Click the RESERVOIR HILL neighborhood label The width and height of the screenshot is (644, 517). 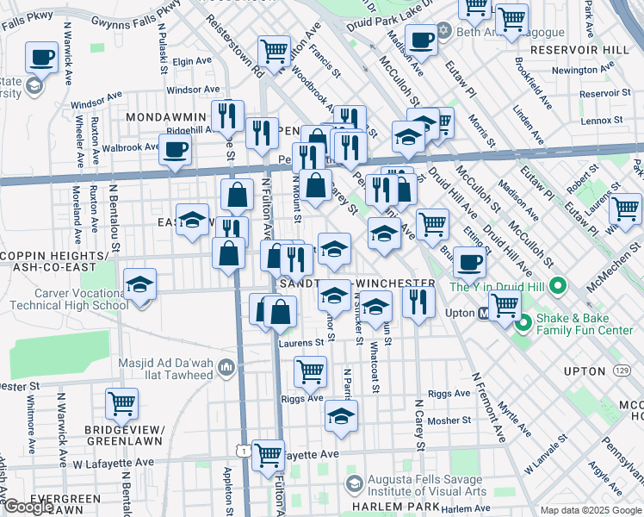click(x=580, y=50)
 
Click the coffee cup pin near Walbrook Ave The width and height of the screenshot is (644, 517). click(x=175, y=150)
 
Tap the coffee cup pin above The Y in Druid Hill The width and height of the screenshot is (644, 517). click(x=468, y=261)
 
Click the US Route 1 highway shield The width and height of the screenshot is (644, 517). click(x=245, y=452)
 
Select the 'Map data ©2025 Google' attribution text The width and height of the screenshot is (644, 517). click(x=591, y=510)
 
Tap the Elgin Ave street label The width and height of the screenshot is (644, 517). click(x=186, y=62)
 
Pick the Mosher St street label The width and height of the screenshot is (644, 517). click(x=449, y=420)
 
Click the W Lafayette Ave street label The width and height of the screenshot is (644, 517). click(x=113, y=463)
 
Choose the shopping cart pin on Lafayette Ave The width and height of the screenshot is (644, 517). click(x=269, y=455)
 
